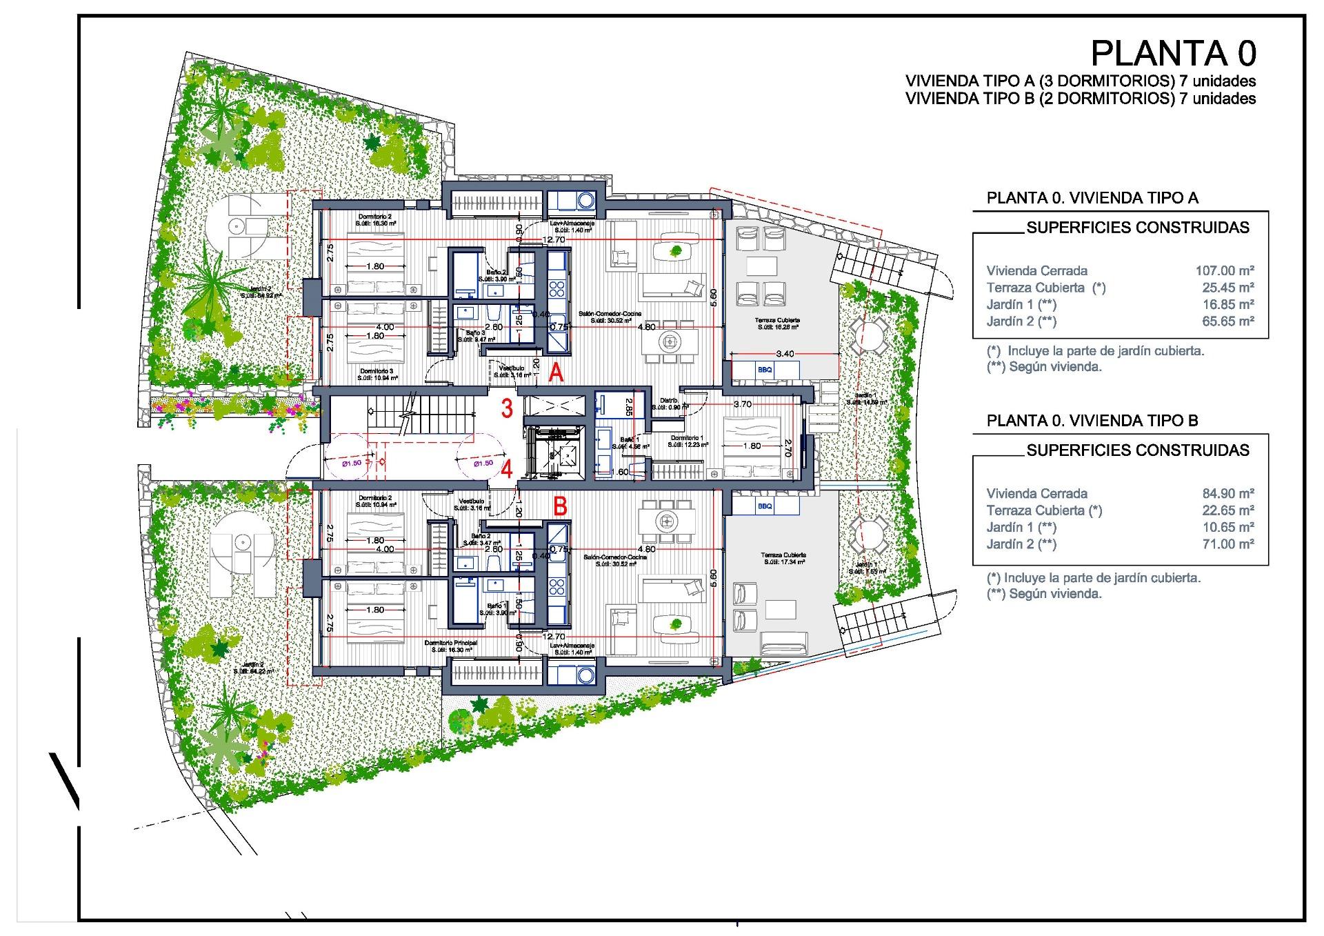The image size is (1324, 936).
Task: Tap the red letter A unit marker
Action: pyautogui.click(x=556, y=374)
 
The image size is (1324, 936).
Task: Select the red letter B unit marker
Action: pyautogui.click(x=561, y=508)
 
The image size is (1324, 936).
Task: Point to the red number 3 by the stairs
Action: pyautogui.click(x=507, y=408)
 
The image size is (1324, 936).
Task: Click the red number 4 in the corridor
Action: pyautogui.click(x=507, y=470)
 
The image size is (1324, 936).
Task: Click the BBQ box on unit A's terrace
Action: pyautogui.click(x=765, y=370)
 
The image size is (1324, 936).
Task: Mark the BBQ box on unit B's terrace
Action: pyautogui.click(x=765, y=506)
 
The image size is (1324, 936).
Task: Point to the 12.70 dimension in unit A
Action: pyautogui.click(x=554, y=240)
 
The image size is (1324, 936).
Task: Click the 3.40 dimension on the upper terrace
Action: pyautogui.click(x=785, y=354)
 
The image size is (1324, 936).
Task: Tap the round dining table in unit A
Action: pyautogui.click(x=670, y=340)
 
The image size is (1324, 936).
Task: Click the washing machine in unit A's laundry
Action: pyautogui.click(x=586, y=201)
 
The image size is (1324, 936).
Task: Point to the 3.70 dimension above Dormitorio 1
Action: pyautogui.click(x=742, y=404)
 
